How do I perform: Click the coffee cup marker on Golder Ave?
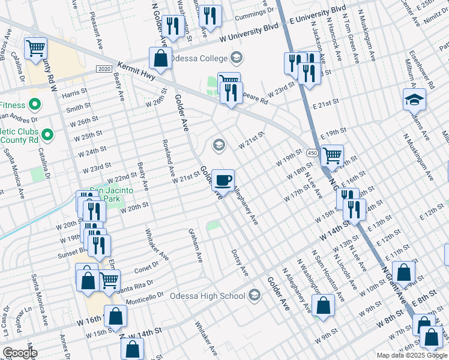click(223, 179)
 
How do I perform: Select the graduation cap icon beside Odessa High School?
click(255, 295)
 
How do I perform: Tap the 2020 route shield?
click(104, 70)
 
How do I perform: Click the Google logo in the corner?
click(19, 353)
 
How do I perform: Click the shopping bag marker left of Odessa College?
click(160, 59)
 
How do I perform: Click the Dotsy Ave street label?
click(240, 263)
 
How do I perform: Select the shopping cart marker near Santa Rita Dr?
click(109, 280)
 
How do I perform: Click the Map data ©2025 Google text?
click(411, 355)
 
